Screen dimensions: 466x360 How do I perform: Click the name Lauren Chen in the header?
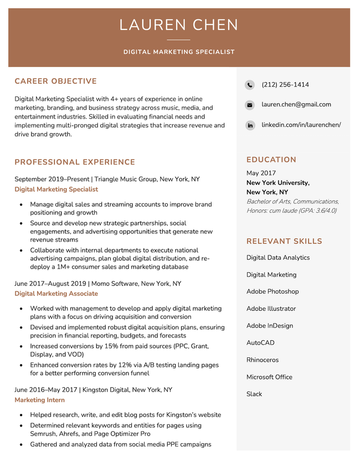(x=179, y=25)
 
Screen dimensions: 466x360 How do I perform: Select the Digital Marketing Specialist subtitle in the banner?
(x=179, y=52)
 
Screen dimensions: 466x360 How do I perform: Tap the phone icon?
(x=250, y=85)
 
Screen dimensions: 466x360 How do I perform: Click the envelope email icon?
(x=250, y=105)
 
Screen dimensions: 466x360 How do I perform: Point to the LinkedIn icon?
(x=250, y=126)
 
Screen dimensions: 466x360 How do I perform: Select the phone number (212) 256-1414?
(x=285, y=85)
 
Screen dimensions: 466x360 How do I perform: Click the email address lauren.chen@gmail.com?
(x=296, y=104)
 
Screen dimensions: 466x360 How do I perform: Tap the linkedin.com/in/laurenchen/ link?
(x=301, y=125)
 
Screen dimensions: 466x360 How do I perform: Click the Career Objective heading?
(x=55, y=81)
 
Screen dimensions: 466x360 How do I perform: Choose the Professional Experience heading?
(x=75, y=162)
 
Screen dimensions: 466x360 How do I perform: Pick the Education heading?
(x=271, y=160)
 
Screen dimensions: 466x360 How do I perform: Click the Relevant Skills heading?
(x=284, y=242)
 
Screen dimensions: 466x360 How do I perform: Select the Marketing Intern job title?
(x=39, y=400)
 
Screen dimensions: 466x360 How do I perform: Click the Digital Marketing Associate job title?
(x=56, y=294)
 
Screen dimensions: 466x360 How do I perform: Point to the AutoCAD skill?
(x=260, y=343)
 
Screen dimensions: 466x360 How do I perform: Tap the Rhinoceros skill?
(x=262, y=360)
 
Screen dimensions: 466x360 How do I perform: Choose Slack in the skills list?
(x=254, y=394)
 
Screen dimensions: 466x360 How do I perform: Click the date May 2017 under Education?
(x=261, y=173)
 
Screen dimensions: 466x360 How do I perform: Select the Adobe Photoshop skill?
(x=272, y=291)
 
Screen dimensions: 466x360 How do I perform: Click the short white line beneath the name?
(x=178, y=40)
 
